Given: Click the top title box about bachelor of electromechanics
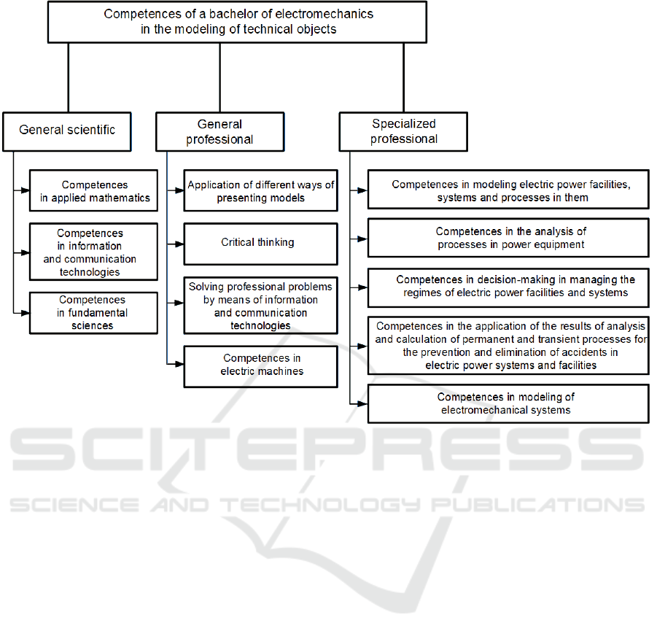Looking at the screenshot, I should [238, 22].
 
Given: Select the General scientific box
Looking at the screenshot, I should [67, 131].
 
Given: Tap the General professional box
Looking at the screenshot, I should [219, 131].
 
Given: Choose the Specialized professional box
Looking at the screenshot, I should [403, 131].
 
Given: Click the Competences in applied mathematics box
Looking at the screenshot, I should [94, 191].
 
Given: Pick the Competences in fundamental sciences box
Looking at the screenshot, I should [94, 313].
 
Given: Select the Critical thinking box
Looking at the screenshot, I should [260, 243].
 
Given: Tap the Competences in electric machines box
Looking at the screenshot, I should [260, 365].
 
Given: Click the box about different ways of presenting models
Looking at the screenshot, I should [260, 191].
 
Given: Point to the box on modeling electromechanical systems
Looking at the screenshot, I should [508, 403].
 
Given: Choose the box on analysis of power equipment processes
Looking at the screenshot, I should [508, 238].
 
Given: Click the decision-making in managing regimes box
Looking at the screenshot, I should [508, 287].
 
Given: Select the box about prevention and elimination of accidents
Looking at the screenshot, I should [508, 345].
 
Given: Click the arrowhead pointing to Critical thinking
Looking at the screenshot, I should [179, 243].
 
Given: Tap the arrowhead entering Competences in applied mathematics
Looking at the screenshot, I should [26, 191].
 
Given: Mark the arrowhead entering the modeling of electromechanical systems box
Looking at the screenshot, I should [363, 403].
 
